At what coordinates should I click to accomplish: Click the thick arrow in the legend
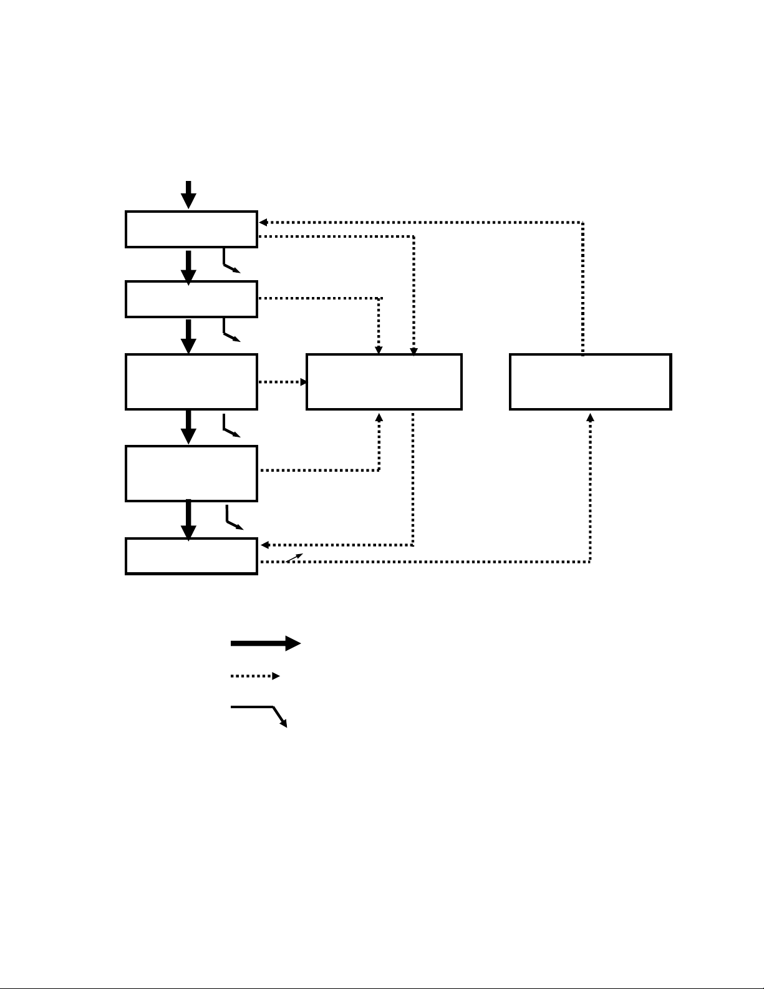pos(265,643)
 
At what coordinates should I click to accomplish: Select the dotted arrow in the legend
pos(255,676)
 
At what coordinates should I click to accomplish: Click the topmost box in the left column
pos(191,230)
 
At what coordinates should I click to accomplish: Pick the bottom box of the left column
pos(191,556)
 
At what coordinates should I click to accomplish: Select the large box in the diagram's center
pos(384,382)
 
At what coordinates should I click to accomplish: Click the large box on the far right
pos(590,382)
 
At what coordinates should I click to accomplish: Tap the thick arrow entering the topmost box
pos(188,195)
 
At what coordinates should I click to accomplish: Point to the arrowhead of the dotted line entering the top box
pos(263,222)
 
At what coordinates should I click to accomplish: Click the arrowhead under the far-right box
pos(590,417)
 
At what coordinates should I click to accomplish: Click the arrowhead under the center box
pos(379,417)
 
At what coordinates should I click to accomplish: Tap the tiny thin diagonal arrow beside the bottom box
pos(294,557)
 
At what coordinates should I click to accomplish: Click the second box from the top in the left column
pos(191,299)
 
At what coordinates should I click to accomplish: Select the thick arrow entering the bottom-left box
pos(188,520)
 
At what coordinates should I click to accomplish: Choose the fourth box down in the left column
pos(191,473)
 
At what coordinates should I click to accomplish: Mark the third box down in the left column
pos(191,382)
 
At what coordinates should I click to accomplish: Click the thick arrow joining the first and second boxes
pos(188,266)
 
